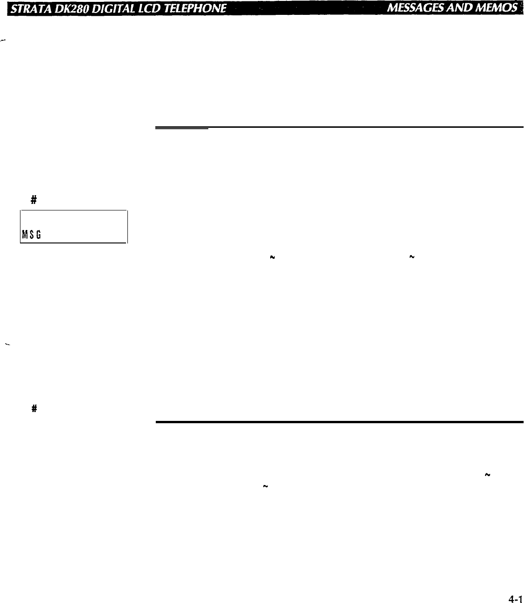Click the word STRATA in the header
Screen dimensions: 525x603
[x=27, y=8]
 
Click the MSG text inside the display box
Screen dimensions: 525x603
[x=29, y=236]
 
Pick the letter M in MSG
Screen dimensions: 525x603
[x=23, y=236]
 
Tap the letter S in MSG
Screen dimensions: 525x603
[x=30, y=236]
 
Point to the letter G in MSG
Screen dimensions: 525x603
[x=36, y=236]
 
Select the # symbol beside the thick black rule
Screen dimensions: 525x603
[x=33, y=409]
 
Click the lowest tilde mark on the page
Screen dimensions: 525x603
[x=265, y=486]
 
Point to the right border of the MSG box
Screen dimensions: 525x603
[x=127, y=227]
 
